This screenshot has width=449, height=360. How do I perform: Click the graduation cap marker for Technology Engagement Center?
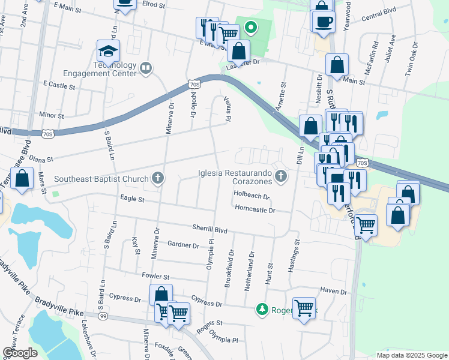109,51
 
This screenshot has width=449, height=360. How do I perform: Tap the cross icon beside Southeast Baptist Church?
158,178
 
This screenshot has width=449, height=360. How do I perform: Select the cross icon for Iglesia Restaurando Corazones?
280,176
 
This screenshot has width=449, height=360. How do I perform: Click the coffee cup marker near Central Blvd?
324,22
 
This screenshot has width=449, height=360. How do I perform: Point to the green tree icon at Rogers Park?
262,309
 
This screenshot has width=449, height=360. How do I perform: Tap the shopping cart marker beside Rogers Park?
304,308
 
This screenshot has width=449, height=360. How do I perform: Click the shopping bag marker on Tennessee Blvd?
22,179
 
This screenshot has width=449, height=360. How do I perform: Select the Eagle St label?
133,199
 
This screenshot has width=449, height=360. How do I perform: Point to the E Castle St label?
58,86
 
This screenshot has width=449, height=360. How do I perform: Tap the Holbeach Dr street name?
252,195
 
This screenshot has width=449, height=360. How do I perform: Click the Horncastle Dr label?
255,210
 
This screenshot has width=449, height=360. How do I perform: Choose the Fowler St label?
155,277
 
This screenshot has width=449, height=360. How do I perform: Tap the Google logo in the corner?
20,353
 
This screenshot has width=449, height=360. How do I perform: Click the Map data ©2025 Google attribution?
412,355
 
